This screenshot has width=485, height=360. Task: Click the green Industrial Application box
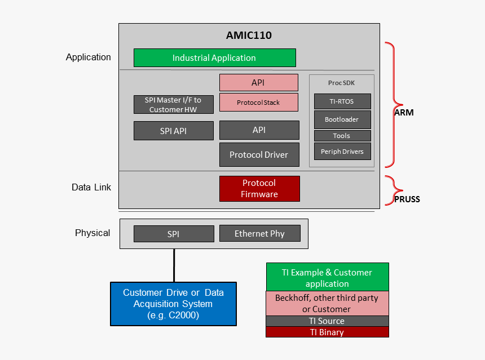click(x=214, y=58)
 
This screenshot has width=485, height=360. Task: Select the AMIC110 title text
click(x=249, y=35)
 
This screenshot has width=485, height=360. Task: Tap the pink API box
click(x=258, y=83)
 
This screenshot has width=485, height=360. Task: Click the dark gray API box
click(x=259, y=130)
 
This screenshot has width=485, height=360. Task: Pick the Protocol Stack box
click(x=258, y=103)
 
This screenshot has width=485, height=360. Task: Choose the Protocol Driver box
click(x=259, y=155)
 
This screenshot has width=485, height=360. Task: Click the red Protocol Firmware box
click(x=259, y=189)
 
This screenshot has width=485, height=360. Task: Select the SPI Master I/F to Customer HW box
click(x=173, y=105)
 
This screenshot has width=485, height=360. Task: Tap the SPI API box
click(x=173, y=131)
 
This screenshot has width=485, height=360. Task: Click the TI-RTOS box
click(x=342, y=101)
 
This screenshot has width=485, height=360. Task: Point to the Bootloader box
click(x=342, y=119)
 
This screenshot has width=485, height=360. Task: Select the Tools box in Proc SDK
click(x=342, y=136)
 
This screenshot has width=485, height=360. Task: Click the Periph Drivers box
click(x=342, y=152)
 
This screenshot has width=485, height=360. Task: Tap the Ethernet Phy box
click(x=259, y=234)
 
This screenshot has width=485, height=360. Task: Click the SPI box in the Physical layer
click(x=173, y=234)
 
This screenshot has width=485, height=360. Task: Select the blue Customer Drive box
click(x=173, y=304)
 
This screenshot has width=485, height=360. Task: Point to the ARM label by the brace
click(x=404, y=113)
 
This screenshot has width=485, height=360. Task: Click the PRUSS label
click(x=407, y=199)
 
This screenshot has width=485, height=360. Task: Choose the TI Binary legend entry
click(x=327, y=332)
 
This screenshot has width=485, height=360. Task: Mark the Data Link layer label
click(x=91, y=188)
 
